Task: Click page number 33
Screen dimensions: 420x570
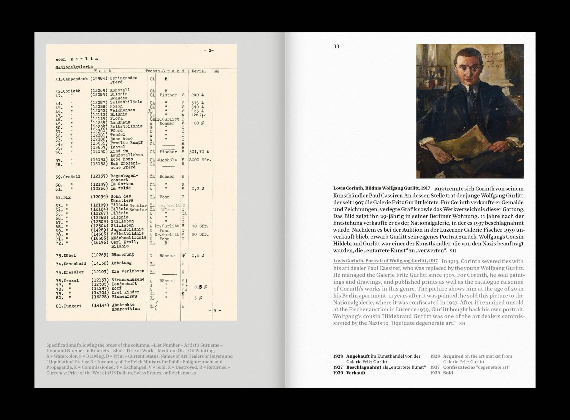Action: pos(336,46)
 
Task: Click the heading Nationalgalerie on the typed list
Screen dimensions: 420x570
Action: pos(74,67)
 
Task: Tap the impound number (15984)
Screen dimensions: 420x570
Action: pos(99,78)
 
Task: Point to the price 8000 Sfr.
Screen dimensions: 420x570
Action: pos(200,160)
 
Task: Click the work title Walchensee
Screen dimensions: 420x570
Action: pos(123,110)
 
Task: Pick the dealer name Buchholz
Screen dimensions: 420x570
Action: pos(167,160)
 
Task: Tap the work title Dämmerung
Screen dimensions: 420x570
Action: pos(123,255)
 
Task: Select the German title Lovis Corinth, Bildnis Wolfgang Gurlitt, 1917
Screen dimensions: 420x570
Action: pos(381,188)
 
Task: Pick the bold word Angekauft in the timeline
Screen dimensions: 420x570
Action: pos(358,356)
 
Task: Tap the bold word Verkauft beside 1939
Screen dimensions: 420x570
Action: pos(356,373)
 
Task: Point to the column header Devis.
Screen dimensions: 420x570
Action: pos(199,71)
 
